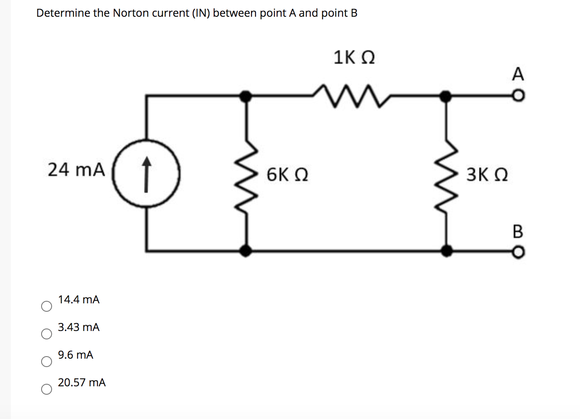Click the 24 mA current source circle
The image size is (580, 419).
click(x=146, y=173)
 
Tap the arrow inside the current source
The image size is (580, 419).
click(x=146, y=174)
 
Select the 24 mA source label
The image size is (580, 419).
click(x=76, y=170)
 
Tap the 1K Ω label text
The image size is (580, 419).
click(x=354, y=57)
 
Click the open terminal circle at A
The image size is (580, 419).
click(x=519, y=97)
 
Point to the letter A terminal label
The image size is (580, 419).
click(x=518, y=74)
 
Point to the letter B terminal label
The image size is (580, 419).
click(x=518, y=231)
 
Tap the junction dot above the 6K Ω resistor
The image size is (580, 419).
click(x=246, y=96)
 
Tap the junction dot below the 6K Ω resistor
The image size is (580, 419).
click(x=246, y=251)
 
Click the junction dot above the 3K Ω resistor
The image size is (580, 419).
click(x=446, y=96)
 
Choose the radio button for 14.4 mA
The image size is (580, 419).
click(x=47, y=306)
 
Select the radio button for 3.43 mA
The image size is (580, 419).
click(x=47, y=334)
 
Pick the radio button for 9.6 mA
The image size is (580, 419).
click(x=47, y=362)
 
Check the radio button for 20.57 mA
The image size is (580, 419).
click(x=47, y=389)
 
